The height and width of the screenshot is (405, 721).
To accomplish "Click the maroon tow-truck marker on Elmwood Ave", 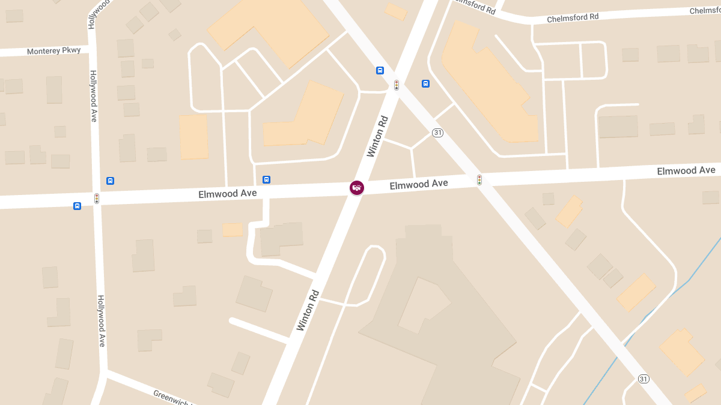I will click(x=357, y=188).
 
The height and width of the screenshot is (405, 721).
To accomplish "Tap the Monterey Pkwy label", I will click(x=53, y=51).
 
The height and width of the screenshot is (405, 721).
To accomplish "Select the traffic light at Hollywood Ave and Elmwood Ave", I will click(x=96, y=198).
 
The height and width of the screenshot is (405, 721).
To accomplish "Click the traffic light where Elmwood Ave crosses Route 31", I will click(x=479, y=179).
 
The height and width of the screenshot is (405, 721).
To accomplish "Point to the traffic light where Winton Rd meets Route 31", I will click(x=397, y=85).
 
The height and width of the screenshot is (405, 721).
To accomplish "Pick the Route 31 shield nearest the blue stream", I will click(x=643, y=379).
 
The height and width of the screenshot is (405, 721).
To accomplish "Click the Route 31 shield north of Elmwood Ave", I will click(x=438, y=133).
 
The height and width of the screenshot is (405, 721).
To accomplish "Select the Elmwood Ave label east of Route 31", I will click(x=686, y=171).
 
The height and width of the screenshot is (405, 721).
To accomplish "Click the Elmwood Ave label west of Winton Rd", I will click(x=228, y=193).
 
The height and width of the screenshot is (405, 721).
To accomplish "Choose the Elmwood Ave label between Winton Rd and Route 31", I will click(x=418, y=184).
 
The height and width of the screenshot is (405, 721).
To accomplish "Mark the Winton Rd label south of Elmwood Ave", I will click(x=307, y=310).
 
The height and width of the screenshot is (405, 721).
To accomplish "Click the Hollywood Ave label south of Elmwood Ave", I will click(x=102, y=320).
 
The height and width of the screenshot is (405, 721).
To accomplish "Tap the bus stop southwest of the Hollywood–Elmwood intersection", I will click(x=77, y=206).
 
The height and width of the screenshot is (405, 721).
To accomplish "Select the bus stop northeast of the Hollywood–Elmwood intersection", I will click(x=110, y=181).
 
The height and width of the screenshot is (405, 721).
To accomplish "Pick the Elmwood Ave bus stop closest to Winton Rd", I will click(x=266, y=179).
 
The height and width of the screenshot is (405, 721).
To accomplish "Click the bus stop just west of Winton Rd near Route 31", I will click(x=380, y=70).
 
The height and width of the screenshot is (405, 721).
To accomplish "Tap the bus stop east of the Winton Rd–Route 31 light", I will click(x=425, y=83).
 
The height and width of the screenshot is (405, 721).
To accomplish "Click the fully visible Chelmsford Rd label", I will click(x=573, y=19).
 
